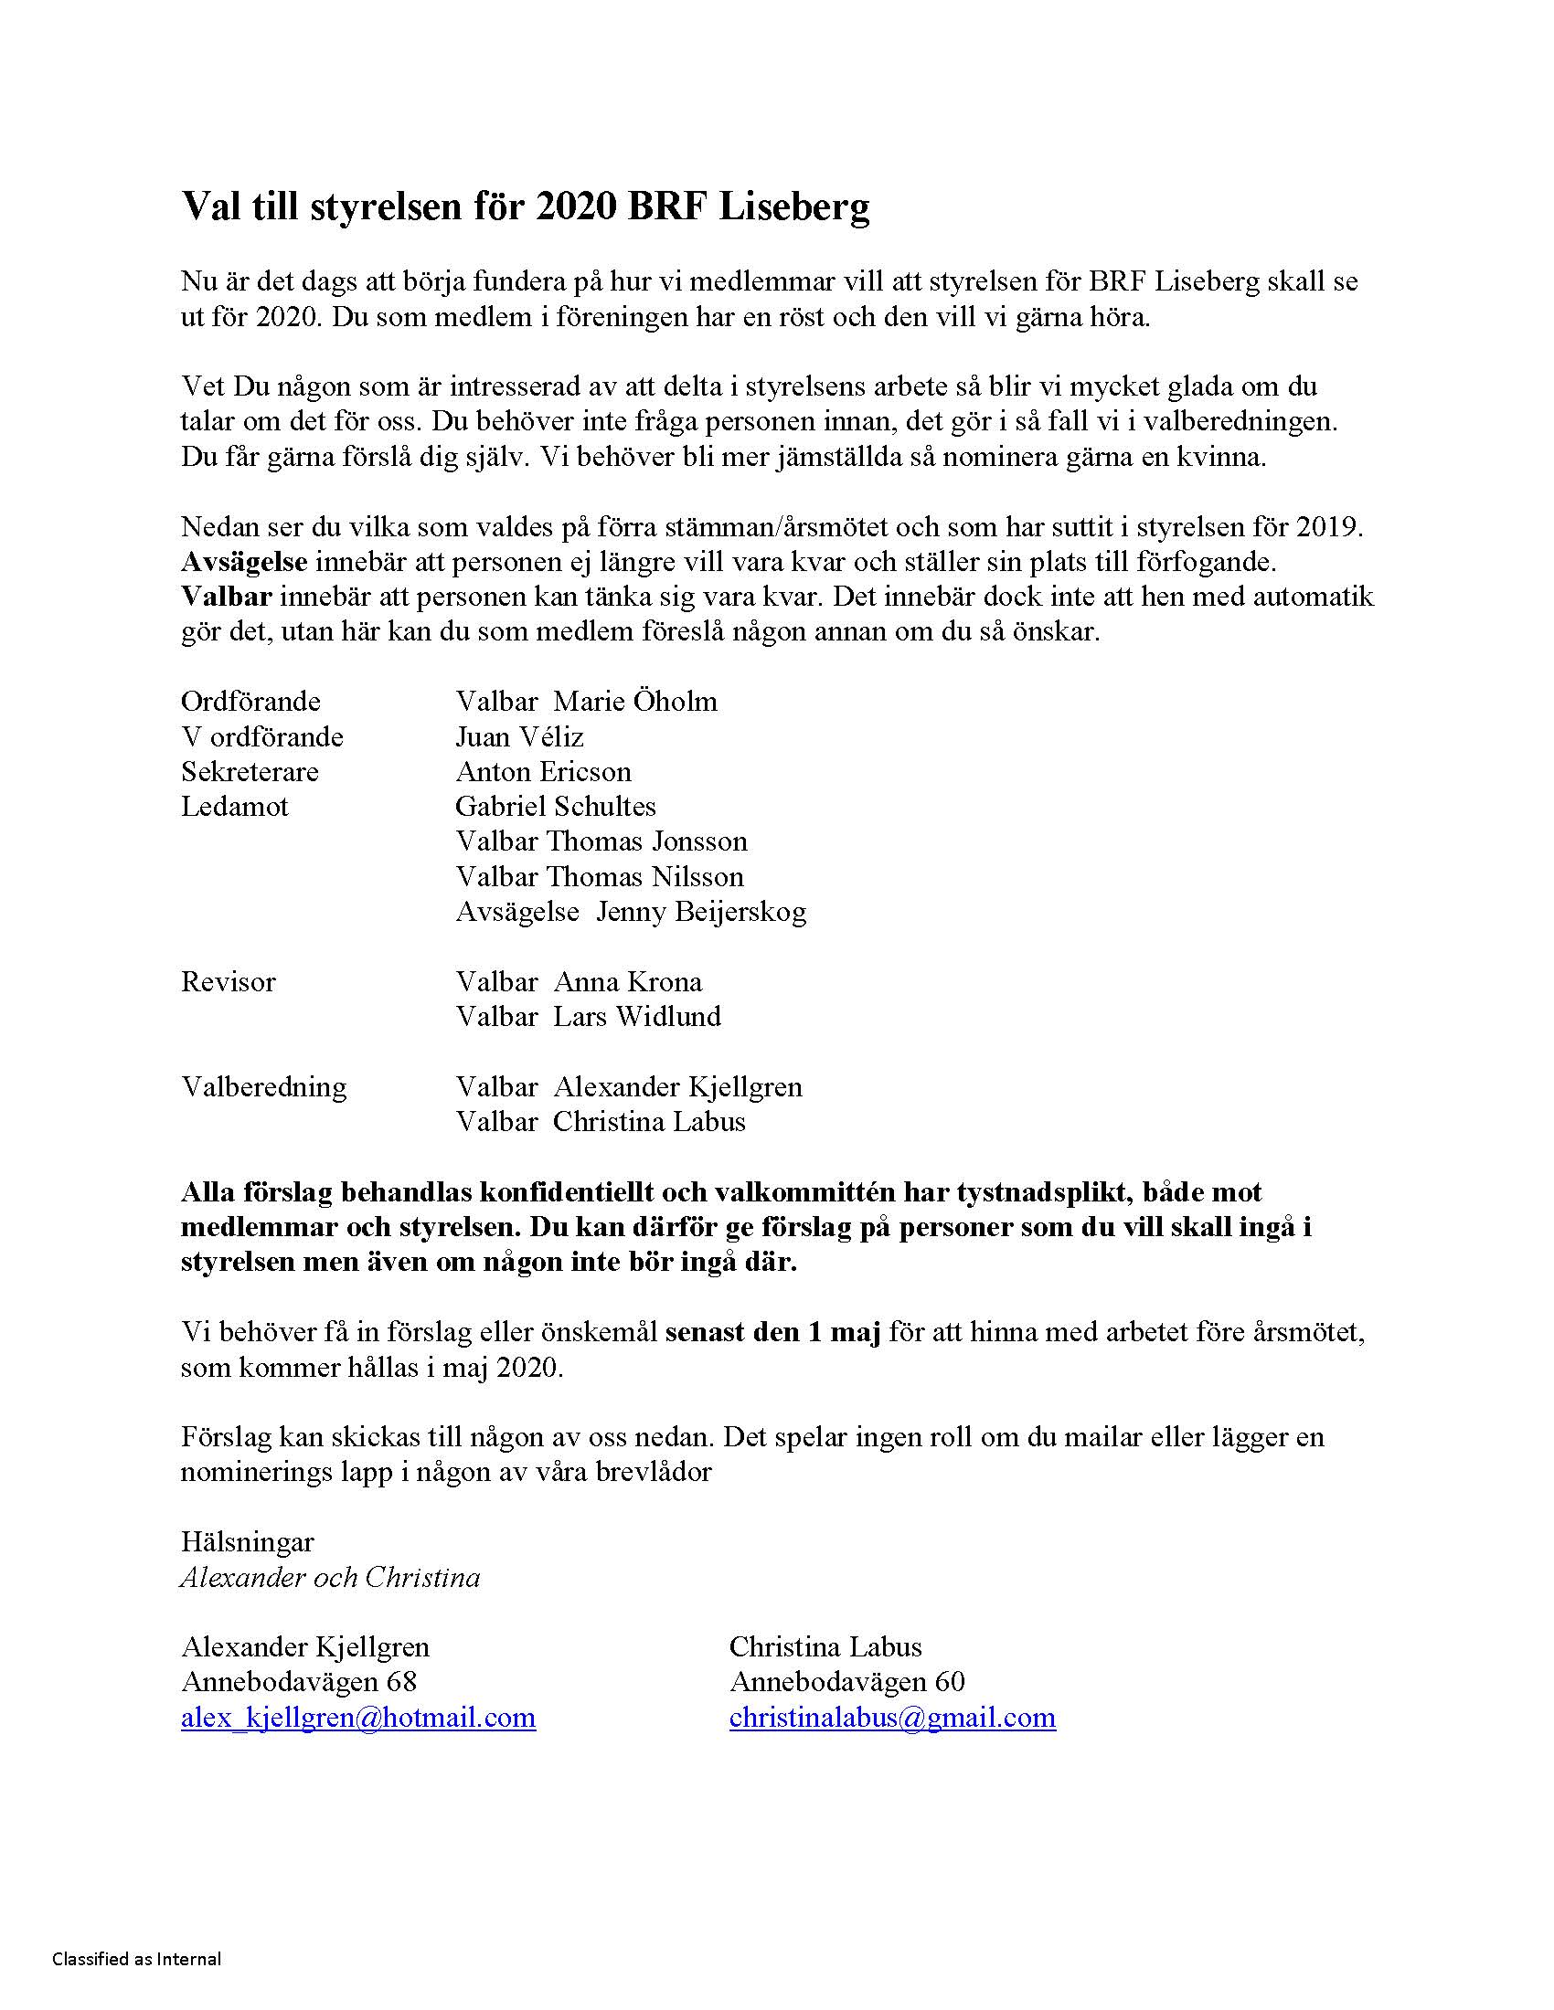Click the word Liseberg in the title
pyautogui.click(x=793, y=207)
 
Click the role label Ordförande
pyautogui.click(x=250, y=702)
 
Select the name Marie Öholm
pyautogui.click(x=635, y=702)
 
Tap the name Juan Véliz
pyautogui.click(x=519, y=736)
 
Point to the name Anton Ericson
pyautogui.click(x=543, y=771)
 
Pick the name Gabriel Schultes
pyautogui.click(x=555, y=806)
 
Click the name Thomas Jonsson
pyautogui.click(x=647, y=841)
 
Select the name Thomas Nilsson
pyautogui.click(x=645, y=876)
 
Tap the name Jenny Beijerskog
pyautogui.click(x=701, y=911)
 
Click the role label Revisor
pyautogui.click(x=229, y=981)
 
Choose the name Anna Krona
pyautogui.click(x=628, y=981)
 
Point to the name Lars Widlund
pyautogui.click(x=637, y=1016)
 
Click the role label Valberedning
pyautogui.click(x=263, y=1086)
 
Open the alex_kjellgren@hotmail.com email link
pyautogui.click(x=358, y=1718)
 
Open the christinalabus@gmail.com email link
pyautogui.click(x=892, y=1718)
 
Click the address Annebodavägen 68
pyautogui.click(x=299, y=1682)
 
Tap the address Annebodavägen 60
pyautogui.click(x=847, y=1682)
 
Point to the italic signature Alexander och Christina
pyautogui.click(x=331, y=1578)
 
